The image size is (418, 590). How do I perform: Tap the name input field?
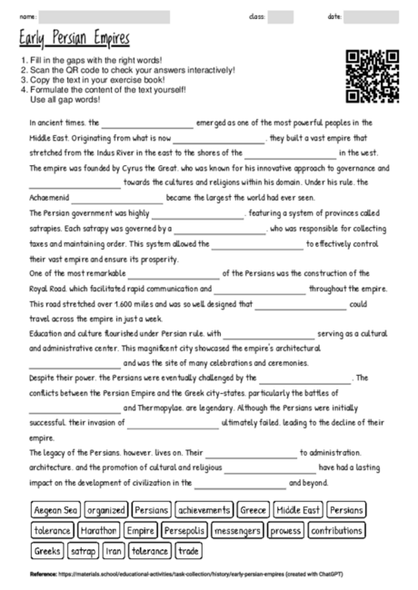124,16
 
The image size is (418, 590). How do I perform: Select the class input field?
281,16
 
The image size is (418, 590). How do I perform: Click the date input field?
373,16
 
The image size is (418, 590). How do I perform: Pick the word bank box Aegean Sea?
56,510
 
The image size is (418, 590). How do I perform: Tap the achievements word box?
204,510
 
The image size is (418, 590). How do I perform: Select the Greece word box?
253,510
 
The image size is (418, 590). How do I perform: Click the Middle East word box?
297,510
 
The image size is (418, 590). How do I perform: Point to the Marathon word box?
99,530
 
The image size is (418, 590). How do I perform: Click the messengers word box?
239,530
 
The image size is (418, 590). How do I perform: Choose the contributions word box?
336,530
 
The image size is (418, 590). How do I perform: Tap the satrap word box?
84,550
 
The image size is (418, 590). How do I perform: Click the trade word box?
189,550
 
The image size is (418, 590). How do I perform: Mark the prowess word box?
285,530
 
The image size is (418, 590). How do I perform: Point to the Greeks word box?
46,550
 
